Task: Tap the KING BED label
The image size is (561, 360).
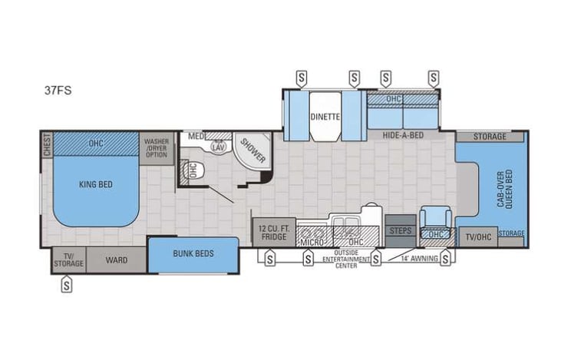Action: click(96, 185)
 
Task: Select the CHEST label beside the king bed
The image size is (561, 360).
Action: click(48, 144)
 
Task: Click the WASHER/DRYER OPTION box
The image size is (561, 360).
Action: click(157, 147)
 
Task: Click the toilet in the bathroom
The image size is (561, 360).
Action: click(194, 170)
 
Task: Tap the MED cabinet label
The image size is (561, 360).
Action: click(196, 136)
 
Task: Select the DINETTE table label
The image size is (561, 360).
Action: click(325, 117)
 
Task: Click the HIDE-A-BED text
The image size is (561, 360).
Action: click(404, 136)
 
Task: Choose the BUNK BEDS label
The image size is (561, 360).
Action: click(193, 253)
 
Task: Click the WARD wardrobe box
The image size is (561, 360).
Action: click(117, 260)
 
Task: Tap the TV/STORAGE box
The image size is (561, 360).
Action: click(68, 260)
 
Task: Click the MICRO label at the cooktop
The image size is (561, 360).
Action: click(311, 243)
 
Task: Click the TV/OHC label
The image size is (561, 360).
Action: click(477, 237)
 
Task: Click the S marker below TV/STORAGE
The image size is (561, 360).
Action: click(68, 286)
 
